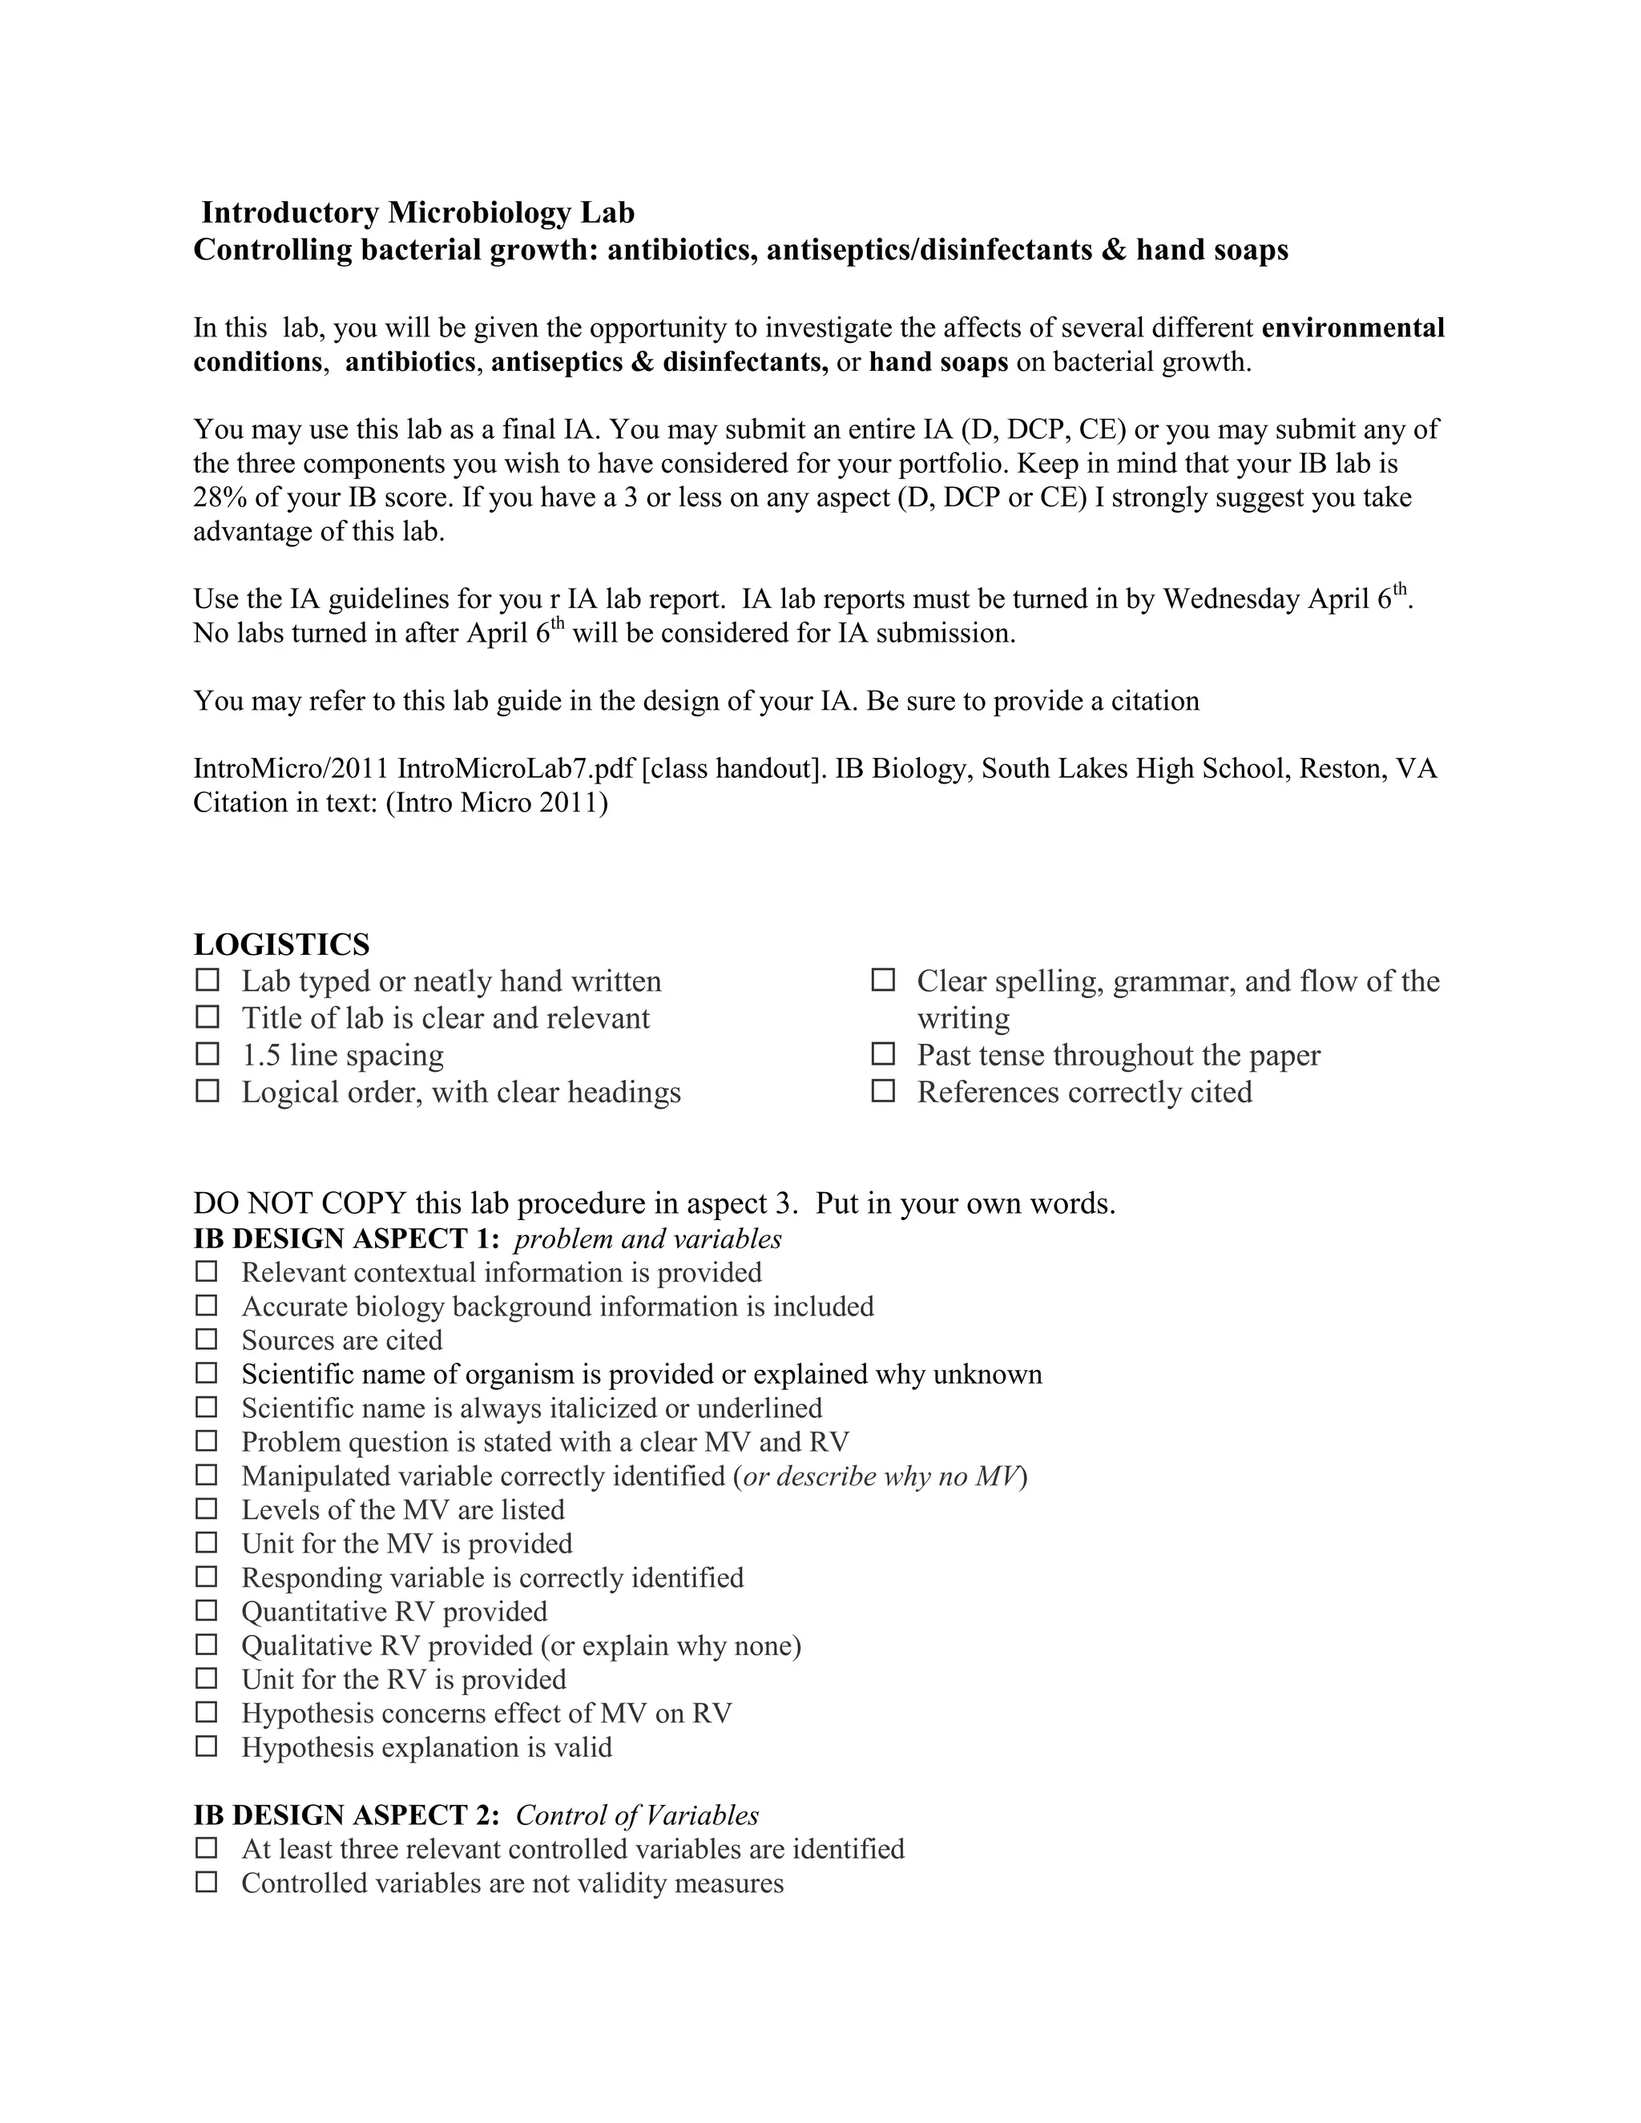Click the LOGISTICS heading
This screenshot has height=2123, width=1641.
click(x=281, y=944)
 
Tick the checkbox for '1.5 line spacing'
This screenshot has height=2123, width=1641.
click(x=207, y=1053)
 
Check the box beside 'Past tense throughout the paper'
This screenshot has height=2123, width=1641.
click(x=883, y=1053)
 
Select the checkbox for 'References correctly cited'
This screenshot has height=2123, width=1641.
click(x=883, y=1090)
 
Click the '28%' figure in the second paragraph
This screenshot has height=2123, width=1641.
click(x=220, y=498)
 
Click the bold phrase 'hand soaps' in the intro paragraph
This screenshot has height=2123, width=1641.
click(x=938, y=363)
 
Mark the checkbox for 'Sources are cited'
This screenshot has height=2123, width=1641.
click(x=207, y=1339)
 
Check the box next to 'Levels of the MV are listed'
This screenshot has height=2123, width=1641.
click(x=207, y=1509)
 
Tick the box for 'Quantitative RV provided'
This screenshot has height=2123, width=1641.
click(x=207, y=1611)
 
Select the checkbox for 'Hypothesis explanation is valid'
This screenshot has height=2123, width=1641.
click(x=207, y=1746)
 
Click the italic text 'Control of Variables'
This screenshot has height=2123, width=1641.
click(x=637, y=1815)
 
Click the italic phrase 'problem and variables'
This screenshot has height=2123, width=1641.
click(x=647, y=1239)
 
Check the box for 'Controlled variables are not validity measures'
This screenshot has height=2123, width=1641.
click(x=207, y=1883)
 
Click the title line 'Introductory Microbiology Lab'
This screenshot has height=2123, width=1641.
click(x=418, y=213)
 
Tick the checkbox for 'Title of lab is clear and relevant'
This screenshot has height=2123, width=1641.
click(x=207, y=1017)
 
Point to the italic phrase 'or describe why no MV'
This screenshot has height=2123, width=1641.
click(x=883, y=1476)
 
